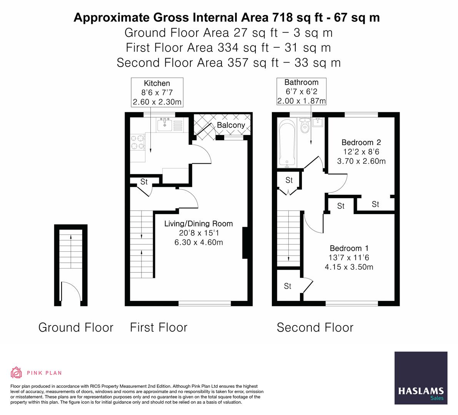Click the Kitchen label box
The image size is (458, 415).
tap(157, 93)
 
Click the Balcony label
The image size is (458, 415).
tap(231, 125)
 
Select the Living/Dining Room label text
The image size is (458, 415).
tap(198, 224)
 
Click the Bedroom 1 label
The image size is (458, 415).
tap(348, 248)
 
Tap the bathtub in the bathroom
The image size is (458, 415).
tap(287, 143)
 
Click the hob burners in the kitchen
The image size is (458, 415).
tap(138, 141)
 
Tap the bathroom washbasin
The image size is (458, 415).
tap(318, 123)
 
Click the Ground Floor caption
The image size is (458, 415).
tap(76, 327)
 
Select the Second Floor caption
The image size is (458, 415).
tap(315, 327)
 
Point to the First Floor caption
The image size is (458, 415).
tap(158, 327)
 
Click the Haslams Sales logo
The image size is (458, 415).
tap(421, 378)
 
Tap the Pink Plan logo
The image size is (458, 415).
tap(36, 372)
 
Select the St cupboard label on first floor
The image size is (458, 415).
tap(144, 182)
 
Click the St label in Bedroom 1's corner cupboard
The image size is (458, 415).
tap(288, 286)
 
